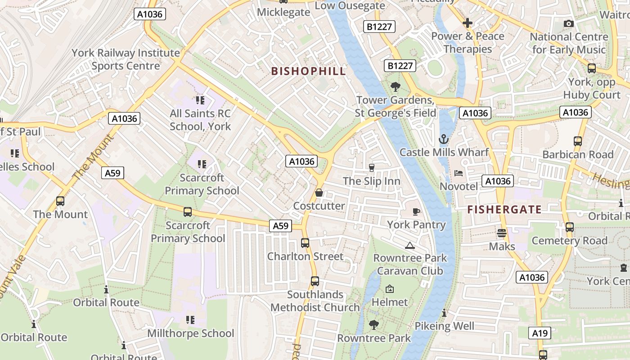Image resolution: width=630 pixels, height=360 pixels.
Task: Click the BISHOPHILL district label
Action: [x=309, y=71]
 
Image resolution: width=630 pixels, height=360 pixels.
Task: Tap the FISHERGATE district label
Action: [x=504, y=209]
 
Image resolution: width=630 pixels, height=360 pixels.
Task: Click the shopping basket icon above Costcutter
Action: [x=319, y=193]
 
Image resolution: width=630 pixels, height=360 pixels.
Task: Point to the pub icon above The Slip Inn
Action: [x=371, y=168]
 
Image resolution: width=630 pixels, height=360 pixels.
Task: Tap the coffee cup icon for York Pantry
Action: [x=416, y=211]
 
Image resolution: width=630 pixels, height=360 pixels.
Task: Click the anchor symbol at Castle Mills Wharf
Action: [x=444, y=139]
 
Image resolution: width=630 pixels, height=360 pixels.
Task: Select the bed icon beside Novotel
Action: [x=458, y=173]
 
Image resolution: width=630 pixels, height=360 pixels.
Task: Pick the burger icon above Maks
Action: [x=502, y=233]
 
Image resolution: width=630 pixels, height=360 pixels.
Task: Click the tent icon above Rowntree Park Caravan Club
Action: [x=409, y=245]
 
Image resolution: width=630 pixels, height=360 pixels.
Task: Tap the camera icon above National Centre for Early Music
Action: [x=569, y=23]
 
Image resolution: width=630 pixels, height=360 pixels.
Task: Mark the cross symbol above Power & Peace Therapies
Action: [x=468, y=22]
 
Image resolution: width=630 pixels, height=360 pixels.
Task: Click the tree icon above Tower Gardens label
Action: [x=396, y=86]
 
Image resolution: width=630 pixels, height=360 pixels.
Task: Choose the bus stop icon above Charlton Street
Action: [x=305, y=243]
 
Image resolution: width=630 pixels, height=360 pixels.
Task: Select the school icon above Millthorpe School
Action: [x=190, y=320]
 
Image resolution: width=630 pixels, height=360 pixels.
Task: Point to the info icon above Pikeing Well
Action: [x=444, y=313]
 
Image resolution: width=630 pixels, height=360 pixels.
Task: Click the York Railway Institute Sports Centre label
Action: [x=126, y=59]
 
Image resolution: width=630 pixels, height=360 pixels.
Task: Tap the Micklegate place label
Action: [x=283, y=12]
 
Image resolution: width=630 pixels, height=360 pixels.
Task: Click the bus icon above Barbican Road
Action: [x=578, y=141]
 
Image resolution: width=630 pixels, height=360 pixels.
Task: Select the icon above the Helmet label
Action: [x=390, y=289]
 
